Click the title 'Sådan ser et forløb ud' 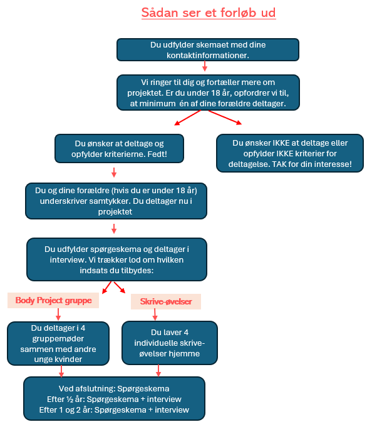(x=209, y=13)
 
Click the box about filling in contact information (x=208, y=50)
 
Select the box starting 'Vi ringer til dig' (x=208, y=93)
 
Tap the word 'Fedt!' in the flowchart (x=157, y=154)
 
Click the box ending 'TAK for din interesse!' (x=290, y=153)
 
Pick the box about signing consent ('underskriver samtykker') (x=116, y=201)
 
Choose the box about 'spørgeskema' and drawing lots (x=116, y=259)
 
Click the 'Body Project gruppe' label (x=53, y=300)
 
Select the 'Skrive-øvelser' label (x=166, y=301)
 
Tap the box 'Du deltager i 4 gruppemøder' (x=58, y=343)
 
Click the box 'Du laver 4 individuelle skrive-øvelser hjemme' (x=170, y=343)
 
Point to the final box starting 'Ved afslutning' (x=114, y=399)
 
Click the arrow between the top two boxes (x=205, y=66)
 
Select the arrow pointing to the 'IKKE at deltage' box (x=225, y=118)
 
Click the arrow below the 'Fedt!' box (x=114, y=173)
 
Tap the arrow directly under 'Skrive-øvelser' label (x=155, y=314)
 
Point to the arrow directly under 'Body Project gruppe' (x=58, y=314)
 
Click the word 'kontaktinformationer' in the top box (x=208, y=55)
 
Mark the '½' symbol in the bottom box (x=70, y=399)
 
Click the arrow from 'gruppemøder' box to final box (x=61, y=371)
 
